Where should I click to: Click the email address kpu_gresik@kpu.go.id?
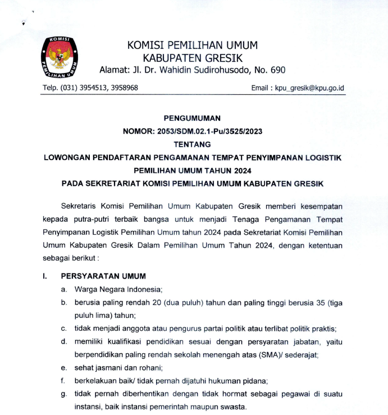(x=308, y=88)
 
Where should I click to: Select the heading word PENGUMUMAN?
(x=192, y=118)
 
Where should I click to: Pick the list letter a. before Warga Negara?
(x=63, y=289)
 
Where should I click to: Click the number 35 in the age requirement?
(x=316, y=303)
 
